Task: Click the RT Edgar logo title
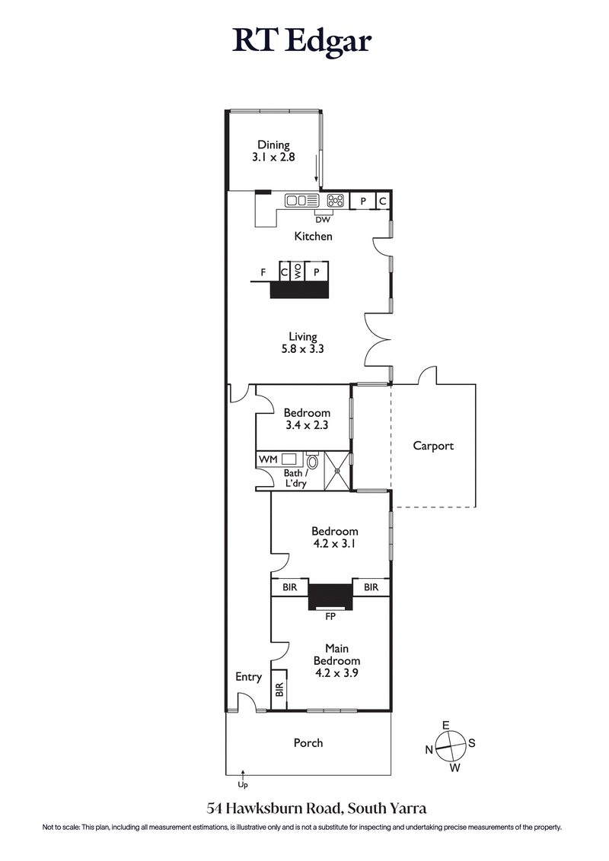click(303, 40)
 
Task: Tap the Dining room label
click(273, 145)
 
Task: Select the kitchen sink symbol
click(302, 201)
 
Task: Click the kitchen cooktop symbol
click(335, 201)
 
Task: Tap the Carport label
click(432, 446)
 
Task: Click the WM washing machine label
click(267, 459)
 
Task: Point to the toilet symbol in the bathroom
click(312, 461)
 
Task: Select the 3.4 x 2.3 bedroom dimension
click(307, 425)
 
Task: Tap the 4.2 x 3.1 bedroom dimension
click(334, 544)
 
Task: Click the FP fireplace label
click(330, 617)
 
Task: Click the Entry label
click(248, 677)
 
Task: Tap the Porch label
click(308, 742)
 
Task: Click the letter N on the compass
click(429, 750)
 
